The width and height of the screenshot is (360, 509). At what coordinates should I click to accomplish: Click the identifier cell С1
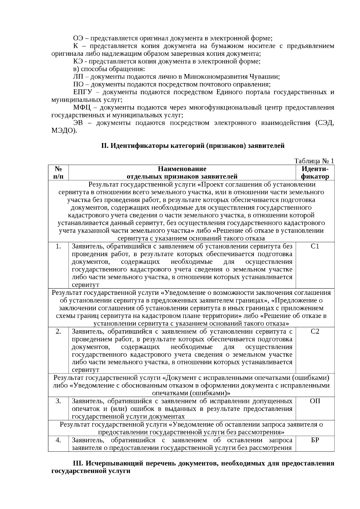[315, 247]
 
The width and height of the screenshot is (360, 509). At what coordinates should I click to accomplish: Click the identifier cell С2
[315, 331]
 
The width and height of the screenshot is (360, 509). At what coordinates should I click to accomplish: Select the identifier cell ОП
[315, 401]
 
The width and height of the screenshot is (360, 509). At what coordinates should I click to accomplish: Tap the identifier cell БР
[315, 440]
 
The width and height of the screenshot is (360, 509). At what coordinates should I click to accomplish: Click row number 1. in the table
[58, 247]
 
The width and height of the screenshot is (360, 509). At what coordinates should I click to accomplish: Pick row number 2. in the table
[58, 331]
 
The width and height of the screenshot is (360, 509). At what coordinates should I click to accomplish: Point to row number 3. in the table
[58, 401]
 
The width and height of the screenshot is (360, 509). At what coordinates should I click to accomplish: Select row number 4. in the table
[58, 440]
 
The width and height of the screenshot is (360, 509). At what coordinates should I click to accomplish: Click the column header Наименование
[182, 169]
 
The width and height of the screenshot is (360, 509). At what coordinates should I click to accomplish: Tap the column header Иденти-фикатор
[315, 172]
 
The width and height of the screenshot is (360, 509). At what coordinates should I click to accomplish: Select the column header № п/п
[58, 172]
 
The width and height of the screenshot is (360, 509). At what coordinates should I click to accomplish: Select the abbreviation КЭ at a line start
[78, 61]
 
